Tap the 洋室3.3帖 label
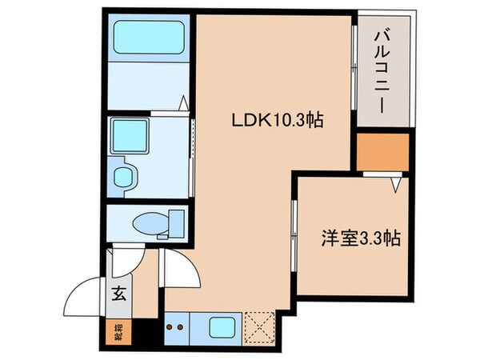(x=360, y=238)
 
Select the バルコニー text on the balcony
(x=384, y=73)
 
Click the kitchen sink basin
(x=218, y=327)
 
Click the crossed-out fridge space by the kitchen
(x=260, y=326)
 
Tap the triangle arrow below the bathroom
(x=184, y=102)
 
